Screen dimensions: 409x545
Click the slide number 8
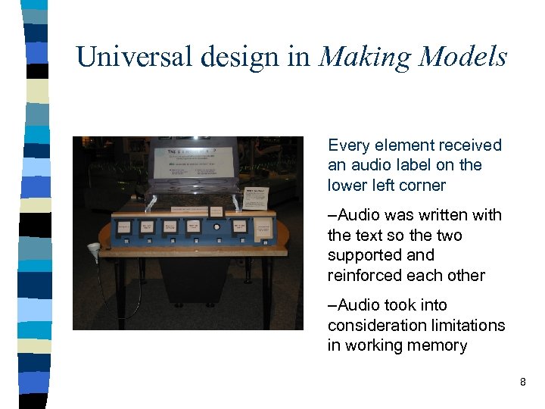[522, 382]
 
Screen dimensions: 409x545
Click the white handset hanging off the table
[94, 249]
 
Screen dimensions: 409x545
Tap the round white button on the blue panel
[217, 226]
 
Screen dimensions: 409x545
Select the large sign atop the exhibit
[194, 163]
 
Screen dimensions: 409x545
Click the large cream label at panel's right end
[263, 227]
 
